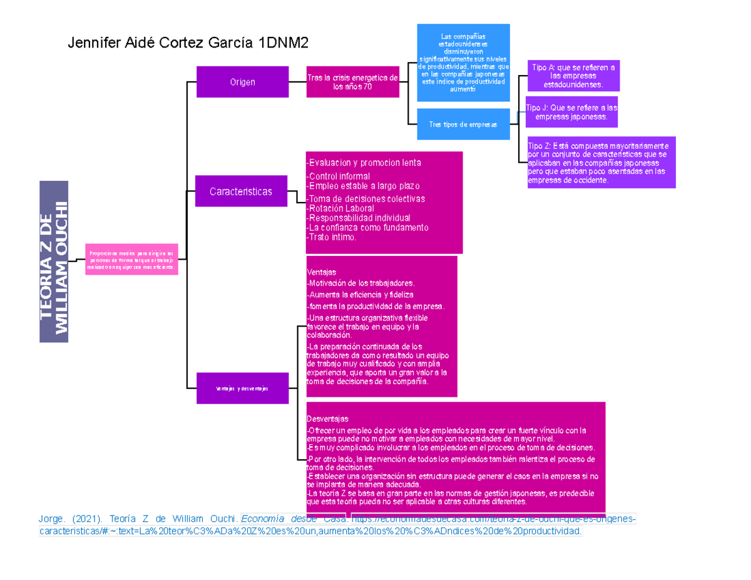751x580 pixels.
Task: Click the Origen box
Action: click(242, 82)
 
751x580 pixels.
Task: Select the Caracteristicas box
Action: click(241, 191)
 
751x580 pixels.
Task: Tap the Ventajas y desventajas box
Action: click(242, 389)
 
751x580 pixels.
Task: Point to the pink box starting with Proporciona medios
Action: click(132, 258)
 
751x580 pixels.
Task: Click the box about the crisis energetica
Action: click(352, 82)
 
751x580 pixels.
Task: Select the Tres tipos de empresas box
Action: click(462, 125)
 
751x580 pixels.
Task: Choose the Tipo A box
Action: click(573, 76)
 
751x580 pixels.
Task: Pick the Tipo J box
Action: click(571, 112)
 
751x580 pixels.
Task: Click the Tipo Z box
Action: click(601, 162)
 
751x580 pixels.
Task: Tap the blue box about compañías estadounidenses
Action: click(463, 63)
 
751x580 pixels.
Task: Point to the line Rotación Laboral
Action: click(341, 208)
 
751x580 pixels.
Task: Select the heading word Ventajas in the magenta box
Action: click(322, 273)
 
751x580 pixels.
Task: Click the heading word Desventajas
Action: click(327, 419)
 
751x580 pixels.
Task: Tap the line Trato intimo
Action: click(332, 238)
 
